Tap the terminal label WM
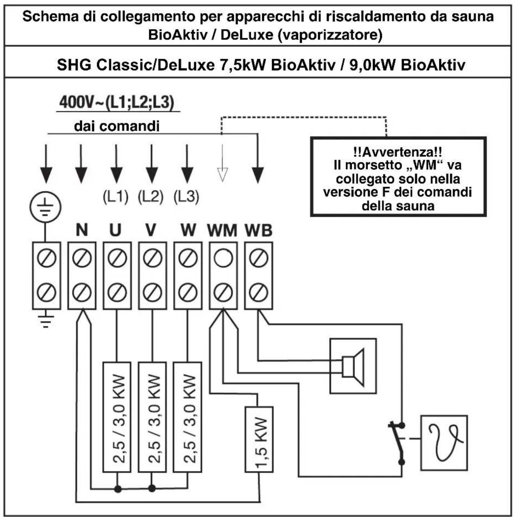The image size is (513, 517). coord(222,230)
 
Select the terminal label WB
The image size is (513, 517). coord(258,230)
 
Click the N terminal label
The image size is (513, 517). coord(82,230)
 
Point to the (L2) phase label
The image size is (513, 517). coord(150,197)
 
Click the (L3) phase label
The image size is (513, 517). coord(186,197)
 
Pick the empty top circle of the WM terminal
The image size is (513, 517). coord(223,258)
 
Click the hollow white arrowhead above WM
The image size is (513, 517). coord(222,175)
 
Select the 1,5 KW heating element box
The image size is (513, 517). coord(259,439)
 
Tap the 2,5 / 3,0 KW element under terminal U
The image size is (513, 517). coord(117,417)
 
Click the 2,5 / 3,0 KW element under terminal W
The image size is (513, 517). coord(187,417)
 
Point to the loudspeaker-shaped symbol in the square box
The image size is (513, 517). coord(353,367)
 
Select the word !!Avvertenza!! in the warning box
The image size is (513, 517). coord(397,152)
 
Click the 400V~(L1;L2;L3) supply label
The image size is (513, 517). coord(117,102)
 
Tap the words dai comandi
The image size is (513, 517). coord(117,126)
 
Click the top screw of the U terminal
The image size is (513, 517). coord(117,258)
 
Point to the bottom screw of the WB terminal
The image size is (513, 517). coord(259,292)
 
